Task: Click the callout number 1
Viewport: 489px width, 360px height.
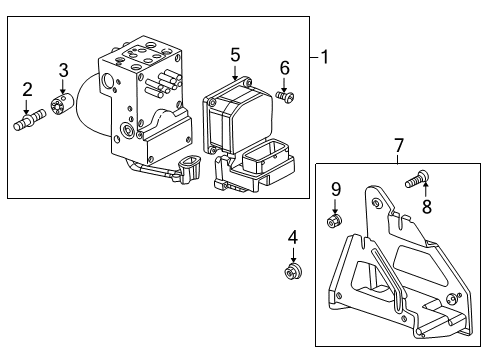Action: [325, 57]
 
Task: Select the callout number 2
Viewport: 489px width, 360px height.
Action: [28, 90]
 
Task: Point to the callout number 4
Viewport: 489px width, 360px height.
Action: [293, 238]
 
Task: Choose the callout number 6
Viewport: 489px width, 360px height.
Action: [284, 67]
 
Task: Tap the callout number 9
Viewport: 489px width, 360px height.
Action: [336, 188]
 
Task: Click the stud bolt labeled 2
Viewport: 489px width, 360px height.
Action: [27, 124]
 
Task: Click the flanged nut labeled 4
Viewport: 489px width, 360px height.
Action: [293, 273]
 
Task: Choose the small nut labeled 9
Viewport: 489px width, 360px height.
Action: [334, 220]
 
